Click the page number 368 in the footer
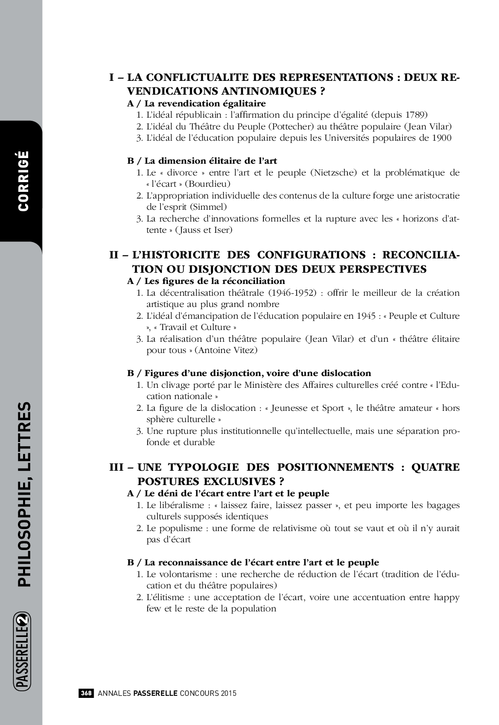click(x=86, y=693)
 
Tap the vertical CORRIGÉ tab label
click(x=23, y=181)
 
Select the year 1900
click(x=441, y=138)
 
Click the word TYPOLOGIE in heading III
click(x=203, y=467)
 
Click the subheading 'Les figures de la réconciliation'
click(x=215, y=281)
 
